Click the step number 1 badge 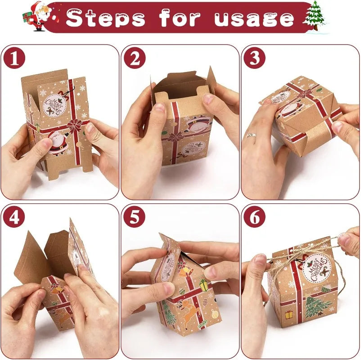click(x=14, y=59)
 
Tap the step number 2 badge click(x=135, y=59)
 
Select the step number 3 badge click(x=255, y=59)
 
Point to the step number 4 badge click(x=14, y=218)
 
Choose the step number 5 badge click(x=135, y=218)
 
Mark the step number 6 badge click(x=255, y=218)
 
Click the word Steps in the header click(x=106, y=18)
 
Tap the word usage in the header click(x=254, y=18)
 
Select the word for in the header click(x=180, y=18)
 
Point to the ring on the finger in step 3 click(x=251, y=135)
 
